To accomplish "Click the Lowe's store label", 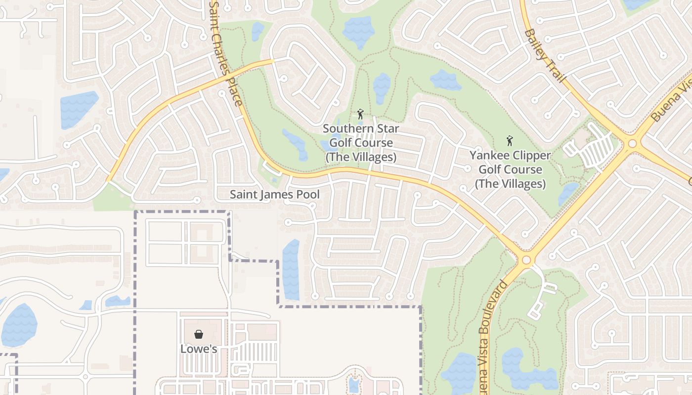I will tap(198, 349).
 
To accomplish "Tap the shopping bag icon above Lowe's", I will tap(198, 335).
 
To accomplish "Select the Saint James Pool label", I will tap(274, 195).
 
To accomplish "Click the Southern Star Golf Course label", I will tap(361, 143).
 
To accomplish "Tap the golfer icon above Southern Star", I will tap(360, 114).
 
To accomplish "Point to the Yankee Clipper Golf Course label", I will tap(510, 169).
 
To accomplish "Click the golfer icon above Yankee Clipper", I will tap(510, 141).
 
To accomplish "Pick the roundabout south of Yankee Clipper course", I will tap(526, 260).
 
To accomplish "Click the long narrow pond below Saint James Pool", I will tap(291, 270).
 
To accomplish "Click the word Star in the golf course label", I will tap(388, 128).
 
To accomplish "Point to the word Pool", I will tap(307, 195).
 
